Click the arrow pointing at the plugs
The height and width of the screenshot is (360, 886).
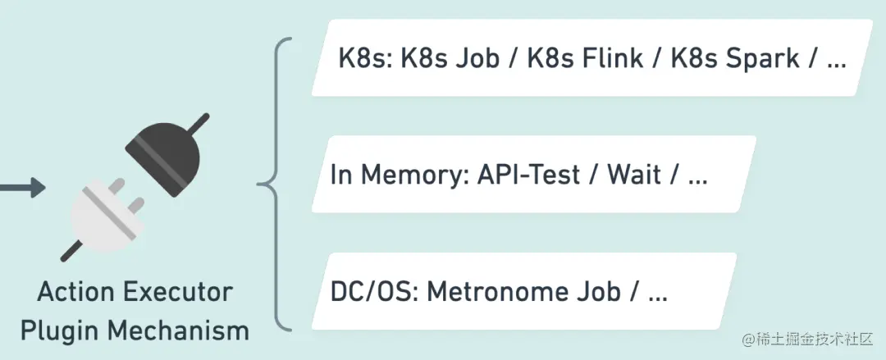[x=21, y=189]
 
